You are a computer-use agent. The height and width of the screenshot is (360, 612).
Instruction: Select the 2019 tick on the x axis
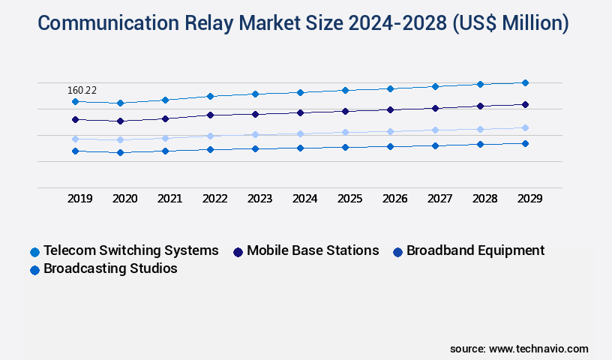click(80, 199)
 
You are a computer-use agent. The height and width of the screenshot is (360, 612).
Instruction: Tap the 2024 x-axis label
click(304, 199)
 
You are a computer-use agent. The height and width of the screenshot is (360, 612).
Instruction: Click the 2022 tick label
click(215, 199)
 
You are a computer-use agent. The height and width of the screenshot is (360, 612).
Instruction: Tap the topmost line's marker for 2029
click(525, 82)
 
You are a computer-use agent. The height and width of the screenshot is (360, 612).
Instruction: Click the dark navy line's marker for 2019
click(75, 119)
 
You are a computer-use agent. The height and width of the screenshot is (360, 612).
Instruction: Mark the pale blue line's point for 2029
click(525, 127)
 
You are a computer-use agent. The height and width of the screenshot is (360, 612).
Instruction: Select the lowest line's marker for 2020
click(120, 152)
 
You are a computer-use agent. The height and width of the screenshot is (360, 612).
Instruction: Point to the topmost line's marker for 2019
click(75, 101)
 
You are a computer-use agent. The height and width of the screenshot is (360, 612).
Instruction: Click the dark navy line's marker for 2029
click(525, 104)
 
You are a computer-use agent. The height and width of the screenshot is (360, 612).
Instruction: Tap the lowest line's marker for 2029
click(525, 143)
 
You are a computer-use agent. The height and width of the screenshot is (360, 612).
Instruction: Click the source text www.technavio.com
click(538, 349)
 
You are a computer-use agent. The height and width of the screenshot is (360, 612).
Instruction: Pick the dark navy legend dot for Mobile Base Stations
click(238, 252)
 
